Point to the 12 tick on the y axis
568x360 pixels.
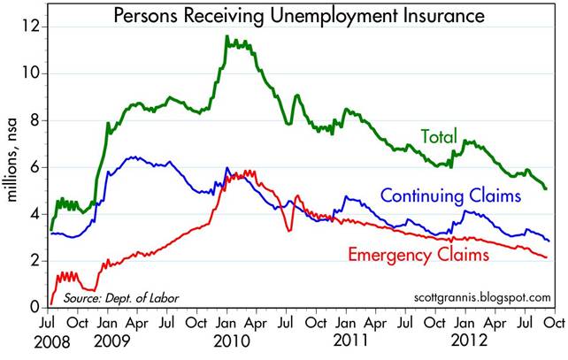point(32,26)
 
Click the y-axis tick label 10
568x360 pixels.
point(32,73)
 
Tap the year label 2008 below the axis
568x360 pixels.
point(54,340)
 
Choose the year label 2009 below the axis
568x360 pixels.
point(115,340)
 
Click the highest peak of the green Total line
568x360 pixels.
point(227,36)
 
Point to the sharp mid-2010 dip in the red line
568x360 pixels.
point(288,231)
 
